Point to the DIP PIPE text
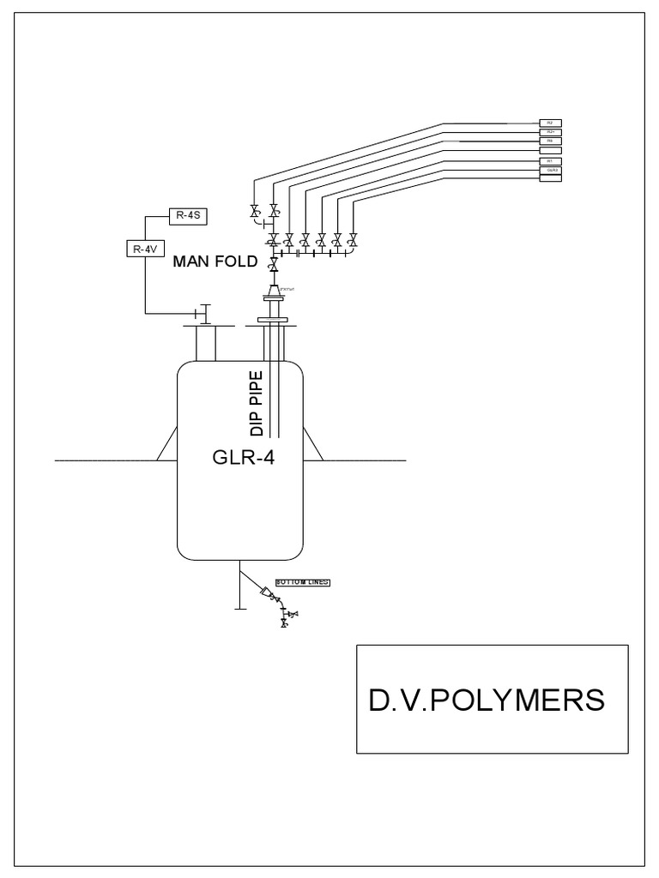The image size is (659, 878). click(x=256, y=403)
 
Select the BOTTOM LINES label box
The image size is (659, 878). click(x=302, y=581)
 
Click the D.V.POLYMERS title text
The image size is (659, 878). click(x=487, y=700)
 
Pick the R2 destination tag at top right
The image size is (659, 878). click(x=549, y=123)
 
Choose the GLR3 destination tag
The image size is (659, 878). click(x=549, y=170)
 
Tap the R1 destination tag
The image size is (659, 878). click(x=549, y=160)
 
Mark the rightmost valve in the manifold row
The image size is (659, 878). click(x=353, y=238)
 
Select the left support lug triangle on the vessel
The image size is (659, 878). click(x=168, y=446)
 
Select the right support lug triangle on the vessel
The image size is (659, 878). click(x=312, y=446)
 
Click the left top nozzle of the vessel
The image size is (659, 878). click(x=206, y=342)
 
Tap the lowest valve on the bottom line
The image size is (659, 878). click(x=284, y=623)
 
